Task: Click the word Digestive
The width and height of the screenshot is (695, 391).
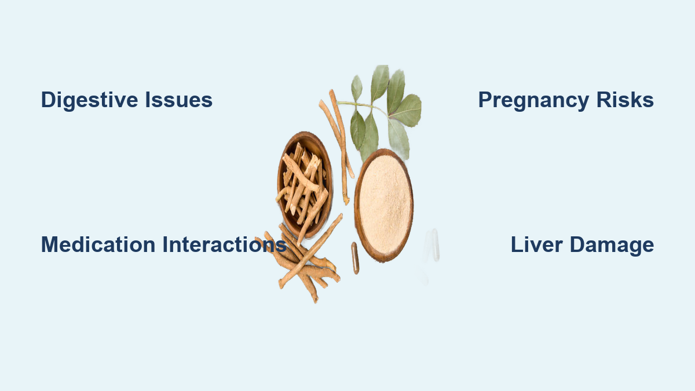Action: pos(89,100)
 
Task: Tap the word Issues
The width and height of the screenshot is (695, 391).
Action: pos(179,100)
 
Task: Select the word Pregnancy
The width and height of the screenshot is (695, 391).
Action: pos(533,100)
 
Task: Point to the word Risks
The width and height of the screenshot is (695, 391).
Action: pos(625,100)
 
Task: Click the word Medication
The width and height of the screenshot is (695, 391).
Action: pos(98,244)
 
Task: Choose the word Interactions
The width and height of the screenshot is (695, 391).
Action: pos(224,244)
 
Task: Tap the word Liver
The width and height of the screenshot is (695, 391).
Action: pos(537,244)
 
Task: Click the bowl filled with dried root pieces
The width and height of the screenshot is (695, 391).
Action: pos(305,185)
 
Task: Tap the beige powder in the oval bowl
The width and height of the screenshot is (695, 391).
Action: pos(384,205)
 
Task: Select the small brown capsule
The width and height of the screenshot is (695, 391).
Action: pos(355,258)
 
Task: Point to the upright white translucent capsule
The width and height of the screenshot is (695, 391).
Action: pos(436,245)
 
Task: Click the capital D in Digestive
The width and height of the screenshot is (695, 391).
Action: pos(49,100)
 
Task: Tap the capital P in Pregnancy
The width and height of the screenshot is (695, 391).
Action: pos(486,100)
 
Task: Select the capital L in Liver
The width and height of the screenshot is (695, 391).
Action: pos(517,244)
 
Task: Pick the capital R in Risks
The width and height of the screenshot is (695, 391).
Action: pos(604,100)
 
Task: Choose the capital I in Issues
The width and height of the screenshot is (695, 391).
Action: pos(148,100)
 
